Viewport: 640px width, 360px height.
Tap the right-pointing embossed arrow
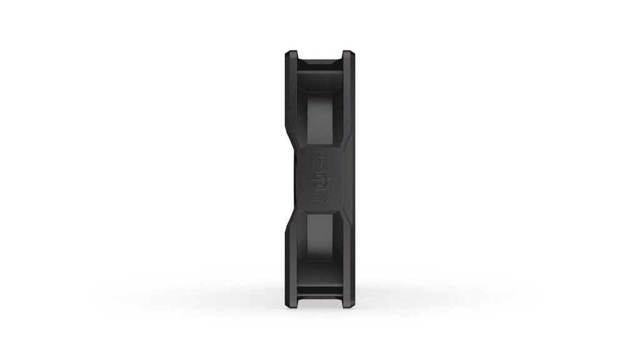(320, 199)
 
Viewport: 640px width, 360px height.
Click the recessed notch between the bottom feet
(320, 299)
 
